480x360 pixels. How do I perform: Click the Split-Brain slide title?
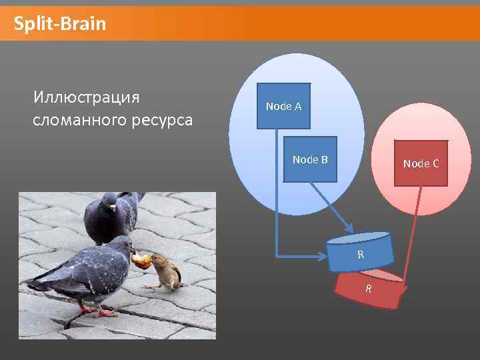(x=60, y=25)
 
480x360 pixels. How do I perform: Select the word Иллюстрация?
(x=86, y=97)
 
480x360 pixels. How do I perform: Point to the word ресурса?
(x=163, y=121)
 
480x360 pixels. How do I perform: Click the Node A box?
(x=283, y=106)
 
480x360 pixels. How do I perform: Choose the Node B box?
(x=310, y=159)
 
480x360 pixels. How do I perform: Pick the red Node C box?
(x=421, y=163)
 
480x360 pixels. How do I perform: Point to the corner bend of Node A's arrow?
(x=277, y=254)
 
